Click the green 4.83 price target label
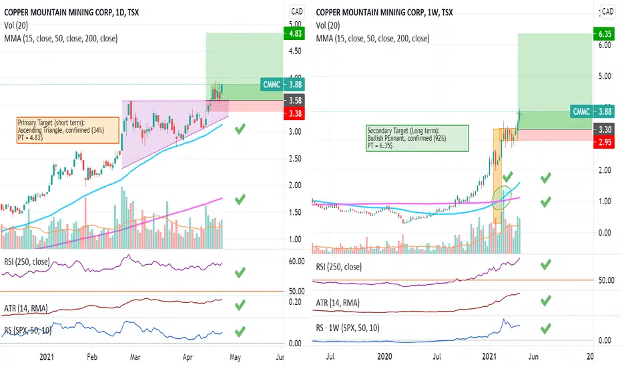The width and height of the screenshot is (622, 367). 294,33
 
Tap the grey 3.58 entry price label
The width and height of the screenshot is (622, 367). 294,101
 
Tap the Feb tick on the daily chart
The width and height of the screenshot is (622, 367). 92,357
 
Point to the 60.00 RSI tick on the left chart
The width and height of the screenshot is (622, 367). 296,261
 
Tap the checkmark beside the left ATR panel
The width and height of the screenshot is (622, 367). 240,306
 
